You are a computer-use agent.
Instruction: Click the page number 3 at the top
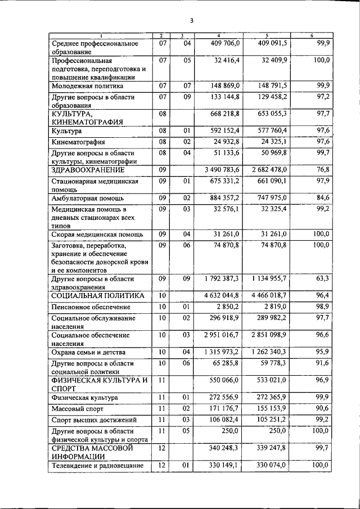coord(191,21)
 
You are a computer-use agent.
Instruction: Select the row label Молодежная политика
coord(87,87)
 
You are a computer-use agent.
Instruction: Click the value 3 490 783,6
coord(218,169)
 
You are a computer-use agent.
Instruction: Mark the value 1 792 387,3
coord(218,278)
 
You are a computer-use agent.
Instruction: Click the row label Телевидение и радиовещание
coord(98,466)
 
